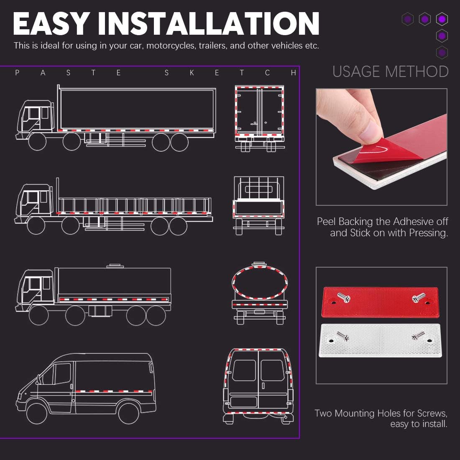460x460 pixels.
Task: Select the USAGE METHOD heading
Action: (x=390, y=72)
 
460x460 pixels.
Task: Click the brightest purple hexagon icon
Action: (x=442, y=19)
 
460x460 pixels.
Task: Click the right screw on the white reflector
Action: (x=418, y=335)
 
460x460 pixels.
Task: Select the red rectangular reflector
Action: (x=381, y=302)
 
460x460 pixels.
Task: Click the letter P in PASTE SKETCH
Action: (x=17, y=73)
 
